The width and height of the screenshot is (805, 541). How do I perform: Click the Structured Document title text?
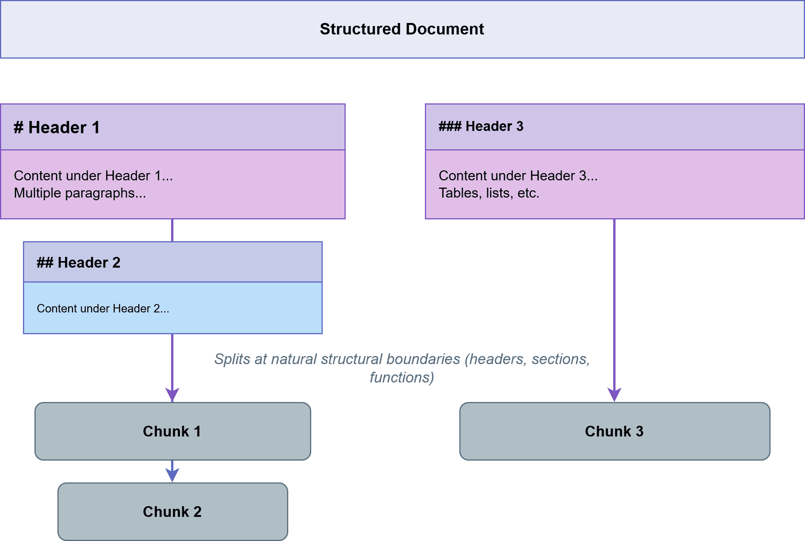click(x=402, y=29)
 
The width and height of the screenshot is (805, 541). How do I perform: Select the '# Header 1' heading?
click(x=57, y=127)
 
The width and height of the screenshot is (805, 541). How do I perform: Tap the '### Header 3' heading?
click(x=481, y=126)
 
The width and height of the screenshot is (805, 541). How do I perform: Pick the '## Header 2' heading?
click(x=78, y=263)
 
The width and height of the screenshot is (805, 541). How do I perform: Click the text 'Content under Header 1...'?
click(x=93, y=176)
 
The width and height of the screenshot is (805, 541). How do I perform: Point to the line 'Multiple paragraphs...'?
click(x=80, y=193)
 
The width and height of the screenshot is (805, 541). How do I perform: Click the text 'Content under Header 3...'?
click(x=518, y=176)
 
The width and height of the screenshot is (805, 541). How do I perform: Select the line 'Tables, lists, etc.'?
click(x=489, y=193)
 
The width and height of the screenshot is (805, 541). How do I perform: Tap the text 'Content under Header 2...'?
click(x=103, y=309)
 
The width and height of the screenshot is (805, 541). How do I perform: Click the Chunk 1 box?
click(x=172, y=431)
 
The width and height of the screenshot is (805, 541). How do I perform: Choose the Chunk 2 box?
click(x=172, y=512)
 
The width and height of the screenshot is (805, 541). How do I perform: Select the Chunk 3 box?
click(x=614, y=431)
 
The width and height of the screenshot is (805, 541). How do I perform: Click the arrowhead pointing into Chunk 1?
click(x=172, y=394)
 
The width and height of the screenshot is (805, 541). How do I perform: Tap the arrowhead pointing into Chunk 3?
click(x=614, y=394)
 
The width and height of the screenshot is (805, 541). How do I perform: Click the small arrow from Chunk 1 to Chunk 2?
click(x=172, y=472)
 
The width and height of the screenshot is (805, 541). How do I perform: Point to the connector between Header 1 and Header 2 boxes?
click(x=172, y=230)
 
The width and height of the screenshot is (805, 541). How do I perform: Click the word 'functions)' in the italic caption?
click(x=402, y=378)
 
